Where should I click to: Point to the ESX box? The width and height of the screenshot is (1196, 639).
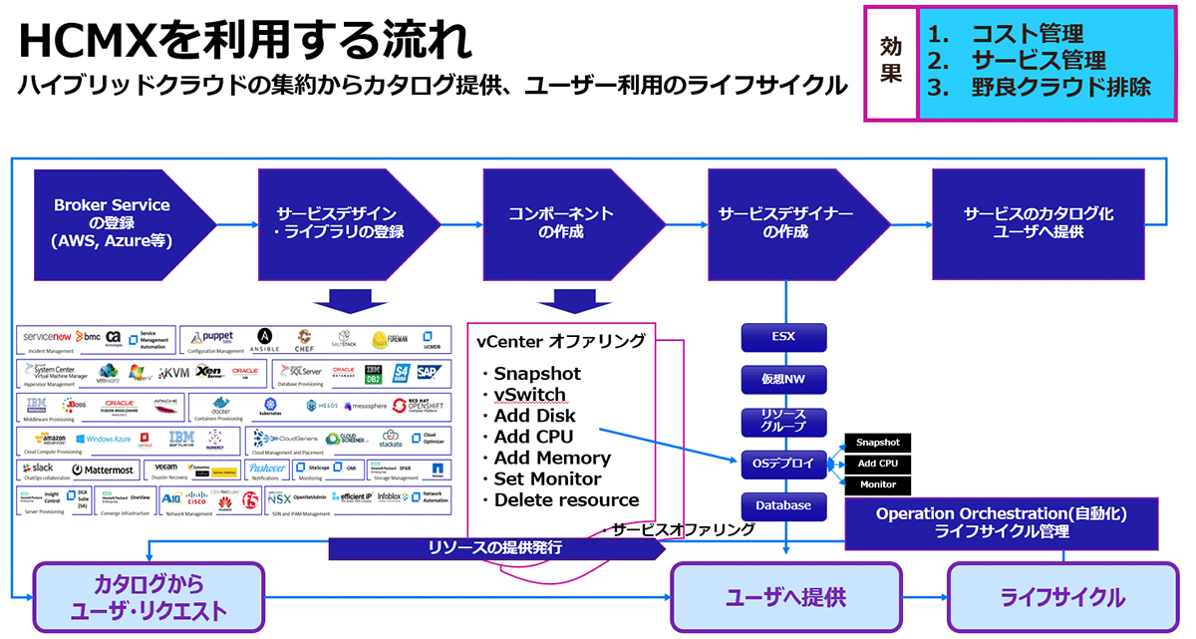click(783, 337)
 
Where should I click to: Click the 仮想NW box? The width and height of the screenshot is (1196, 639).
click(783, 379)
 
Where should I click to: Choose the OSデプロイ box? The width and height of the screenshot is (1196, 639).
click(783, 464)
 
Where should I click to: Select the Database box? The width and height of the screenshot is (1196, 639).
click(783, 505)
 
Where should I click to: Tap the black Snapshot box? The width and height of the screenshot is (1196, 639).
click(877, 443)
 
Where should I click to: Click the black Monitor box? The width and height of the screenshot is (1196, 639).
click(877, 484)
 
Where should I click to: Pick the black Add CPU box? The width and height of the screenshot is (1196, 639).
click(877, 464)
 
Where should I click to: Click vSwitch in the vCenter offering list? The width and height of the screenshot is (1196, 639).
click(529, 395)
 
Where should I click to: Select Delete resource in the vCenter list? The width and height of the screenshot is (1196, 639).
click(566, 499)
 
